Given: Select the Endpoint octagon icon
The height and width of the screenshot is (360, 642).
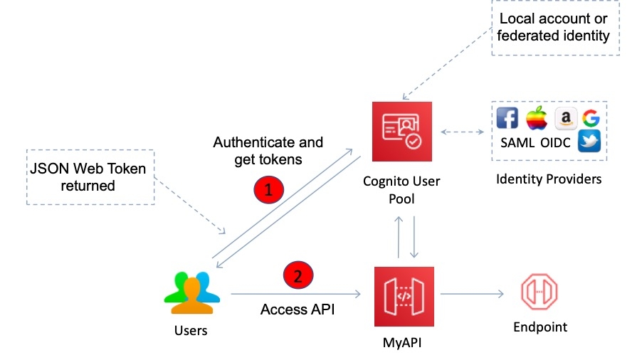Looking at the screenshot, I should tap(540, 292).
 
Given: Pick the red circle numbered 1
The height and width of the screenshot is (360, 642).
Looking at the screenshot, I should tap(268, 189).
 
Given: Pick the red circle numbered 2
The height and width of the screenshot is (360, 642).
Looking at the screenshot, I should tap(298, 275).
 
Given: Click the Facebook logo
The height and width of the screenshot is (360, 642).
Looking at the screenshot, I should tap(507, 118).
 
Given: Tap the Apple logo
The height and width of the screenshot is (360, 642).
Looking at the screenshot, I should tap(535, 118).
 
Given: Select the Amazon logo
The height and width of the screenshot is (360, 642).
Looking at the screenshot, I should tap(564, 118).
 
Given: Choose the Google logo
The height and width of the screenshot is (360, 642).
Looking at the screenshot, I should tap(589, 118).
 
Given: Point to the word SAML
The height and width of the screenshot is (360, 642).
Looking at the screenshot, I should tap(517, 143).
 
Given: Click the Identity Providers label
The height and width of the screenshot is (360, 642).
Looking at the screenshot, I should tap(548, 179).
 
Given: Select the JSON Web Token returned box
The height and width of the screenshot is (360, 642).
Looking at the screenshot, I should tap(90, 176).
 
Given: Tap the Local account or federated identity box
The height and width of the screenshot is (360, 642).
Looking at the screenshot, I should tap(554, 27).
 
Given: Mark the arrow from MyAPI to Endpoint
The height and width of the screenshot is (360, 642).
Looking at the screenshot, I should tap(473, 292).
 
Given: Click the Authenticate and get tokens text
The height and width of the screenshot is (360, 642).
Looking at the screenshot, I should tap(268, 151).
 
